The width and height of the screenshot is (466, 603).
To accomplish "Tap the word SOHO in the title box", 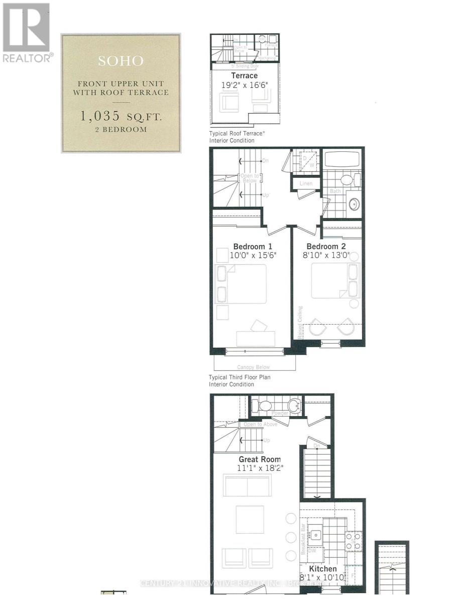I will pos(121,61).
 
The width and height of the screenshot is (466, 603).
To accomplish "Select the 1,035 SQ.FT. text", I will pos(121,116).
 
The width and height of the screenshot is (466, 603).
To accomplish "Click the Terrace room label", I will pos(245,76).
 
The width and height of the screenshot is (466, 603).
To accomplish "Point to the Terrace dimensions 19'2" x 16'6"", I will pos(245,85).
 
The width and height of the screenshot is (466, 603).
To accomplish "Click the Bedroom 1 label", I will pos(253,246).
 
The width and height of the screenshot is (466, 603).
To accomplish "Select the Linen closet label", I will pos(306,184).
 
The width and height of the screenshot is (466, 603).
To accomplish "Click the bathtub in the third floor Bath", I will pos(341,160).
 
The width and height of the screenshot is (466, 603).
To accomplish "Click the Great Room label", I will pos(260,459).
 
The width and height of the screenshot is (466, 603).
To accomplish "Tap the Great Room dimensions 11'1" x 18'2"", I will pos(260,468).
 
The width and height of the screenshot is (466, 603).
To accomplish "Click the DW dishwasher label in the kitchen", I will pos(312,551).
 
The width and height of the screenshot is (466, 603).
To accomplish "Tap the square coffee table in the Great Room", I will pos(250,520).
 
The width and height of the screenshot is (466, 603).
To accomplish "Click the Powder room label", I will pos(280,413).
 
